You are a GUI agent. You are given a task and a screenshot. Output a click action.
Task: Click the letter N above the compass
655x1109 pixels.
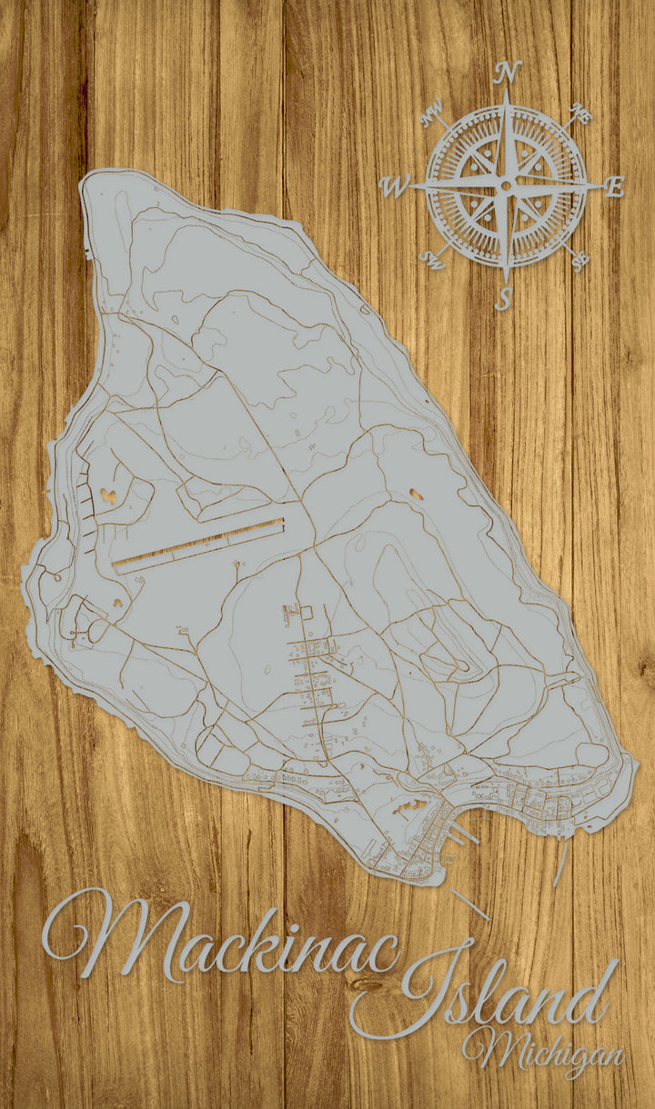(509, 71)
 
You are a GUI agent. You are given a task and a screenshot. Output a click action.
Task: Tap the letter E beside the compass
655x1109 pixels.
(615, 188)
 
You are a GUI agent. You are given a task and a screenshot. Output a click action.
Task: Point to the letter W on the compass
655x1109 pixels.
(395, 187)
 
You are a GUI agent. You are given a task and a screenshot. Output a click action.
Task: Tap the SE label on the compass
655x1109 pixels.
(579, 262)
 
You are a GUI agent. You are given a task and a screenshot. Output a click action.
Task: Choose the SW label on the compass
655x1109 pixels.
(430, 261)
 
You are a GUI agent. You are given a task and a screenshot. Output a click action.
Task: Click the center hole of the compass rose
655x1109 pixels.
(506, 185)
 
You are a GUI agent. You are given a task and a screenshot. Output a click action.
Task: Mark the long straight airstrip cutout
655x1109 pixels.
(198, 545)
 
